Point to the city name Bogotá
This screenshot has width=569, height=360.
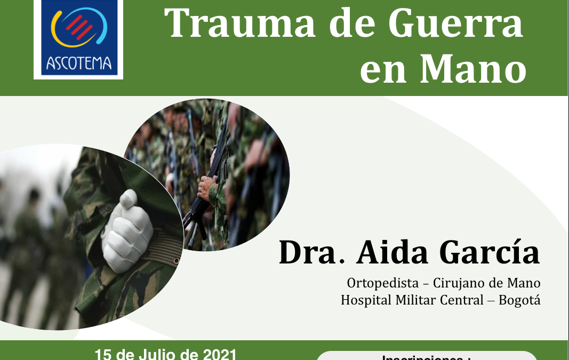[519, 300]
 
